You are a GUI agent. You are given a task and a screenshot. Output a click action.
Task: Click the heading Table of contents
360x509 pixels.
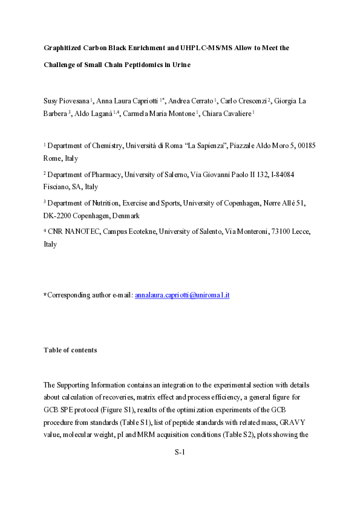70,350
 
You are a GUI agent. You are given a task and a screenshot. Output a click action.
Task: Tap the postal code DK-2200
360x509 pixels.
58,215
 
